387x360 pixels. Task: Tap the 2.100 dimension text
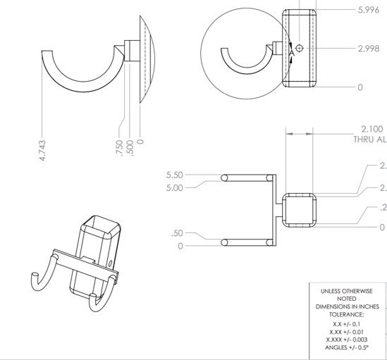click(x=371, y=129)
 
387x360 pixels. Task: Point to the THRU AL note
click(x=370, y=139)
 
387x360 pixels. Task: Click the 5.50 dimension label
click(x=174, y=175)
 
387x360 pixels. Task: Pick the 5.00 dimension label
click(x=174, y=188)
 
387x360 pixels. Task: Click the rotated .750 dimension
click(x=121, y=148)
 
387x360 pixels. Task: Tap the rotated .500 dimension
click(x=130, y=148)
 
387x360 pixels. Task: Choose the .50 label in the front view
click(x=177, y=233)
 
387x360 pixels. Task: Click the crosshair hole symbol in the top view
click(x=300, y=48)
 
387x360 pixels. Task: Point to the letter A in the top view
click(x=291, y=52)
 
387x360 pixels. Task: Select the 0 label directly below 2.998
click(x=360, y=87)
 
